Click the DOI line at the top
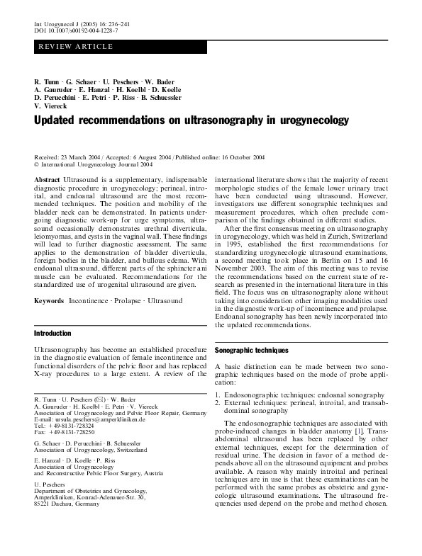76,32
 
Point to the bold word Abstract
48,181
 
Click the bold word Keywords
50,300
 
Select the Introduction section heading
53,332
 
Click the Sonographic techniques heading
251,350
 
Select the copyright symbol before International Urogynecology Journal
36,162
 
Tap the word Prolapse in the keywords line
129,300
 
